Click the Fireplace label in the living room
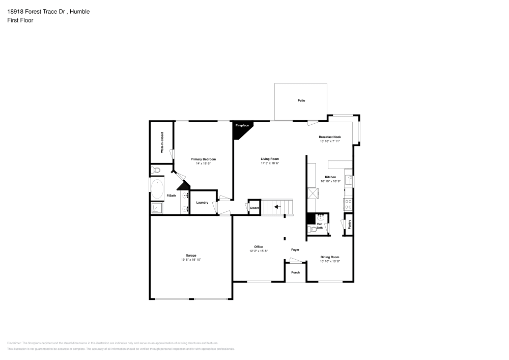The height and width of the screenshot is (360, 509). pyautogui.click(x=242, y=125)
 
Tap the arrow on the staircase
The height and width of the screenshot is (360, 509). pyautogui.click(x=277, y=207)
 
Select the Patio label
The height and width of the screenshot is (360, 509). pyautogui.click(x=301, y=101)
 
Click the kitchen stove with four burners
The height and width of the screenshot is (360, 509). pyautogui.click(x=349, y=204)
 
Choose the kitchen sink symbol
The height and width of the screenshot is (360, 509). pyautogui.click(x=349, y=179)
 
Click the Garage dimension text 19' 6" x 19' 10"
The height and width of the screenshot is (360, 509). pyautogui.click(x=191, y=260)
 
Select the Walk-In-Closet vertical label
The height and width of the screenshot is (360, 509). pyautogui.click(x=162, y=143)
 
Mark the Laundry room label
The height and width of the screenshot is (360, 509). pyautogui.click(x=202, y=203)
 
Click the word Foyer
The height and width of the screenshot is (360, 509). pyautogui.click(x=295, y=250)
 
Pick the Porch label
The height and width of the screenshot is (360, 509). pyautogui.click(x=295, y=272)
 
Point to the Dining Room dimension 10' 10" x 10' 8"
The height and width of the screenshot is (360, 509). pyautogui.click(x=330, y=261)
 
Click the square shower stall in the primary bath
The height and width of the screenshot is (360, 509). pyautogui.click(x=156, y=208)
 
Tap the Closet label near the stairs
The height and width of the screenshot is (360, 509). pyautogui.click(x=254, y=208)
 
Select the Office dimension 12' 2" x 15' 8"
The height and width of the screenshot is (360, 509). pyautogui.click(x=259, y=251)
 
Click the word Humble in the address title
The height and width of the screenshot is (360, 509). pyautogui.click(x=80, y=11)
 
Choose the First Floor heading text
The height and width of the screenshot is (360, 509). pyautogui.click(x=20, y=20)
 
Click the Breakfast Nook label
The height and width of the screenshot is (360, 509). pyautogui.click(x=330, y=137)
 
